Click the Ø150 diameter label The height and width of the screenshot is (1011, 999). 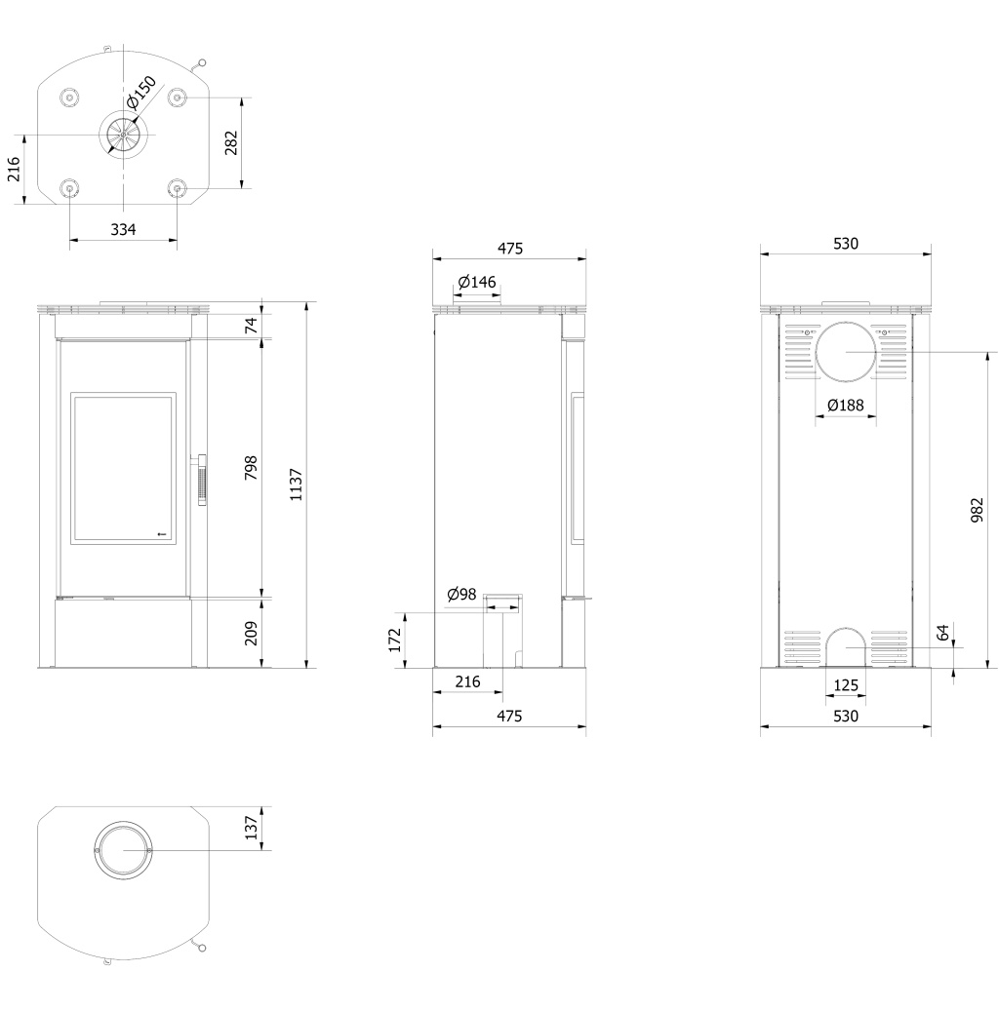(x=141, y=93)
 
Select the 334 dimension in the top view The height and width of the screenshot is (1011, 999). (x=123, y=229)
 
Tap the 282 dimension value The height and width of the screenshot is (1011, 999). (x=231, y=142)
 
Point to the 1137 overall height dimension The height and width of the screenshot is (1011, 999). (x=296, y=485)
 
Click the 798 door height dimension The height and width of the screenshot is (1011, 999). (x=251, y=467)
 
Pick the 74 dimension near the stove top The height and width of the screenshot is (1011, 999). (x=251, y=325)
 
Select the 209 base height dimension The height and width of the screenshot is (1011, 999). (x=251, y=633)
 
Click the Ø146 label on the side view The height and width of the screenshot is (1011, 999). (x=477, y=282)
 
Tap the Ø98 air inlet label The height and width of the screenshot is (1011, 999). (x=461, y=595)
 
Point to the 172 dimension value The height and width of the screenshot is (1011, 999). (x=395, y=641)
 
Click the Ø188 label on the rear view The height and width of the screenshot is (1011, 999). (x=846, y=405)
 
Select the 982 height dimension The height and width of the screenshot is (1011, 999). (x=978, y=509)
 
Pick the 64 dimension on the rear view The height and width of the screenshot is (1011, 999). (x=943, y=633)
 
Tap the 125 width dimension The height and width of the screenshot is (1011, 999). (x=846, y=684)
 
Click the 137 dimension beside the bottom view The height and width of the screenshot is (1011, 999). (x=251, y=828)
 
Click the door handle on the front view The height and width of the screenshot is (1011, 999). (x=202, y=481)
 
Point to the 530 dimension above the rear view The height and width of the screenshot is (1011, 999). (x=846, y=244)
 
